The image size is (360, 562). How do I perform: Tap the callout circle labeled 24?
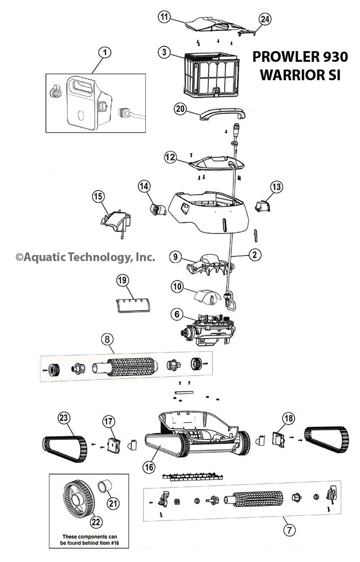tap(265, 19)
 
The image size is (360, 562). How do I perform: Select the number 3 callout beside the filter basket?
tap(163, 52)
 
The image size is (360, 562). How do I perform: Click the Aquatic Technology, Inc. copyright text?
tap(85, 257)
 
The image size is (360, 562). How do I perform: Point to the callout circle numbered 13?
tap(276, 188)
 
